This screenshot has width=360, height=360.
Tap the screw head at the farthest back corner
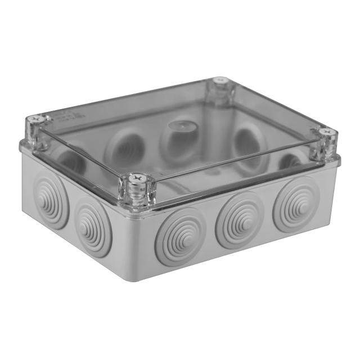(219, 83)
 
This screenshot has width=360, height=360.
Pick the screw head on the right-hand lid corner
(327, 133)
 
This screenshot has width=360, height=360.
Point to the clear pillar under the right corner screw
(326, 147)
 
